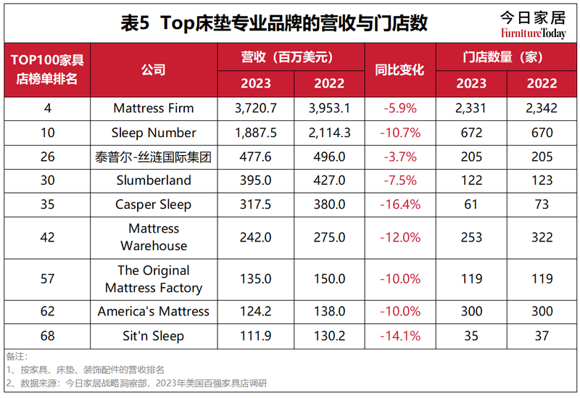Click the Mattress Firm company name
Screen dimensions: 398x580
point(154,109)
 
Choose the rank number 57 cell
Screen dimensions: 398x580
point(47,279)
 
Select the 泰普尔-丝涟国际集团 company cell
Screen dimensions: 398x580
point(154,157)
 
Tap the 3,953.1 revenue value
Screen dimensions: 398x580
point(330,109)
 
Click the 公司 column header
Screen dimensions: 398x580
point(154,70)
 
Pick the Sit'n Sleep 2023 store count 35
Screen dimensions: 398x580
point(471,336)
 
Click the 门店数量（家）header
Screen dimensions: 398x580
point(506,57)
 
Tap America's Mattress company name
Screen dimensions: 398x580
point(154,312)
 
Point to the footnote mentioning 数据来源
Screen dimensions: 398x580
point(138,383)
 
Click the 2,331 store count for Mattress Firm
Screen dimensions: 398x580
point(471,109)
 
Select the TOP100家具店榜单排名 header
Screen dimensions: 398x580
point(47,70)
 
